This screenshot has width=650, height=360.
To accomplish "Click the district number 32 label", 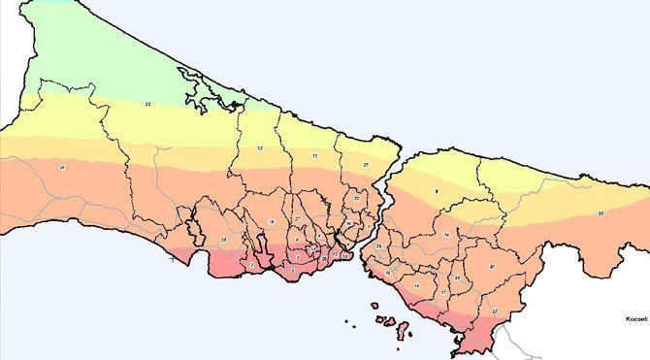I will click(x=147, y=103).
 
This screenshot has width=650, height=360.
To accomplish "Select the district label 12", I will click(x=260, y=147).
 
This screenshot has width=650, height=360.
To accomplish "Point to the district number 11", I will click(x=315, y=156).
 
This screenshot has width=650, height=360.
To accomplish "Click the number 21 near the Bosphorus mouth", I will click(x=365, y=166).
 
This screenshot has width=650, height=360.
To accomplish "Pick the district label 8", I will click(x=437, y=193).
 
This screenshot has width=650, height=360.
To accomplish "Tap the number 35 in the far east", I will click(x=601, y=213).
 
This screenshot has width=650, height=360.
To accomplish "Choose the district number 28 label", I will click(x=223, y=239).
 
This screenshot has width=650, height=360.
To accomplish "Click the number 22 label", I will click(x=357, y=198).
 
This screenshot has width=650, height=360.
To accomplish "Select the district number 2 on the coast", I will click(x=252, y=264).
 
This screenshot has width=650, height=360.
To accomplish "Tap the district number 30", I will click(x=493, y=265).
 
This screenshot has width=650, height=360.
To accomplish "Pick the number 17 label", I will click(x=443, y=292).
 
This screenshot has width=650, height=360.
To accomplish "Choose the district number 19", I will click(x=416, y=285).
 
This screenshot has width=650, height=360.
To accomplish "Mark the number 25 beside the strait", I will click(x=379, y=246).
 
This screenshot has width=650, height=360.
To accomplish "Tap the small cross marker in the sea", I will click(x=173, y=259).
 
